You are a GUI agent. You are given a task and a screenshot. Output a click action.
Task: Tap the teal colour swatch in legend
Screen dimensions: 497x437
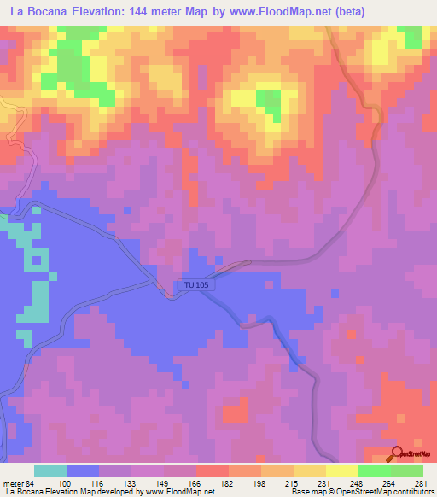[x=50, y=471]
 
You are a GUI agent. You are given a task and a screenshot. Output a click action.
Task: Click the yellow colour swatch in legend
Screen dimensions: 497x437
[x=342, y=471]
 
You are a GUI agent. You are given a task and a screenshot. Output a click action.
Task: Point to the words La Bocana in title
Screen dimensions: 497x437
[x=35, y=12]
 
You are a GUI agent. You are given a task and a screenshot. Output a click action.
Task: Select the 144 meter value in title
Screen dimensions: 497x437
[x=165, y=12]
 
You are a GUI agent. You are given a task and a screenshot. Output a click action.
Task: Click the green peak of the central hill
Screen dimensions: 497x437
[x=269, y=102]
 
